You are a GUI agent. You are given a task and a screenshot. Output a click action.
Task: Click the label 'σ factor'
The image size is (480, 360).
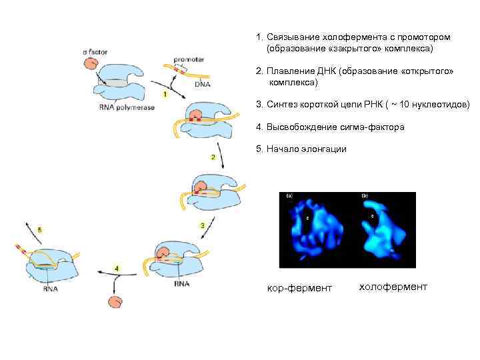[96, 51]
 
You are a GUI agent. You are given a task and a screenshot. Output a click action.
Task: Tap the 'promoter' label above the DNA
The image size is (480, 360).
[189, 59]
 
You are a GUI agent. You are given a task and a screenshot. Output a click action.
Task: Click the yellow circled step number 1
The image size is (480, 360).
[163, 95]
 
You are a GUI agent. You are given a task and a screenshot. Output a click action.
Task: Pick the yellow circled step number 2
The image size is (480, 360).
[213, 157]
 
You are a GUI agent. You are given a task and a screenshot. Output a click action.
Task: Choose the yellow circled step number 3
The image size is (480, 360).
[202, 226]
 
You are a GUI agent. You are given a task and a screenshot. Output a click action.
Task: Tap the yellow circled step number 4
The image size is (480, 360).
[117, 268]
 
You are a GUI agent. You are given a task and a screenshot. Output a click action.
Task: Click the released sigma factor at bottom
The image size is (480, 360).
[116, 302]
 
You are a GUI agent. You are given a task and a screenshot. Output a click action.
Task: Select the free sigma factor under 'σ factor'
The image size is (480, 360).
[91, 64]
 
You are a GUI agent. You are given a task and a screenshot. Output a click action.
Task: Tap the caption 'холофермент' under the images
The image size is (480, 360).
[393, 287]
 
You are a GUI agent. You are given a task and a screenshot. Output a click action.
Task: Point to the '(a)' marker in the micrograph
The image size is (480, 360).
[289, 196]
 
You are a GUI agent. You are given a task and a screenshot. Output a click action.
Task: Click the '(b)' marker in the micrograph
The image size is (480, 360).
[365, 196]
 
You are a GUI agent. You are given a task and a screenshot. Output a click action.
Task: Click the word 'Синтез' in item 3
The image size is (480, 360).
[283, 105]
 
